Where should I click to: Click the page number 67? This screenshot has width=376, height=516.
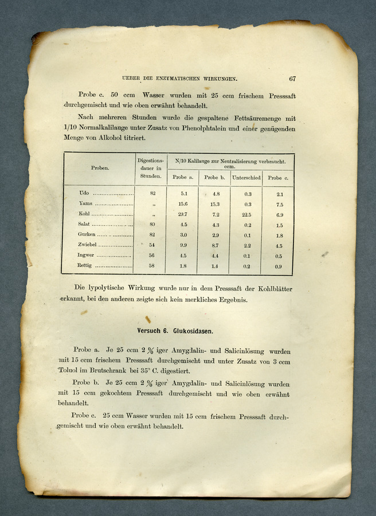pos(292,79)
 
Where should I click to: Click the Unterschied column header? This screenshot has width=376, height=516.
pos(246,178)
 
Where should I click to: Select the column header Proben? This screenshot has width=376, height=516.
pos(100,168)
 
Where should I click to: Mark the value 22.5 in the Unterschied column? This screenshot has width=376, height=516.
pos(247,214)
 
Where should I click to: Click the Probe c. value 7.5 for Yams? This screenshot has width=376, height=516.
pos(279,205)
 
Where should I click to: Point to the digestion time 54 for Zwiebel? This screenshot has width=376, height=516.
pos(152,245)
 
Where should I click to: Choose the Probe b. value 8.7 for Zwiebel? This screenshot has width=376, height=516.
pos(215,245)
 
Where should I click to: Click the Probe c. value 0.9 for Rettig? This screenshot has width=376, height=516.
pos(278,267)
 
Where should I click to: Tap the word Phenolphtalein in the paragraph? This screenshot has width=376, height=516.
pos(205,128)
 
